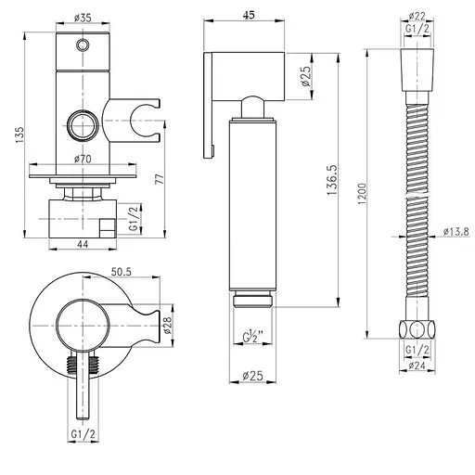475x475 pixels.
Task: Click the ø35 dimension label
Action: tap(83, 18)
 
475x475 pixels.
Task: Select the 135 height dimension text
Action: tap(19, 135)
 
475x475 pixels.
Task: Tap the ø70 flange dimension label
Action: tap(83, 159)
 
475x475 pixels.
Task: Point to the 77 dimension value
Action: tap(160, 179)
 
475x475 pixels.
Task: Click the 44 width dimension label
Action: tap(83, 244)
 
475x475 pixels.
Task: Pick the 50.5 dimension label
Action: tap(122, 272)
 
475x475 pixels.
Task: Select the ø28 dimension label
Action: tap(167, 326)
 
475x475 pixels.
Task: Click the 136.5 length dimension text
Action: tap(332, 180)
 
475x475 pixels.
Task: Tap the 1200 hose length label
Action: tap(362, 194)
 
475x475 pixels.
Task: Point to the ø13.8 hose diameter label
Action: tap(456, 231)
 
